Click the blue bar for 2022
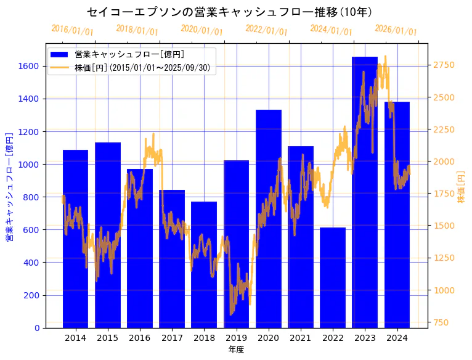click(333, 277)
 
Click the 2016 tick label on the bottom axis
click(140, 338)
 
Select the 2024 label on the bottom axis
click(397, 338)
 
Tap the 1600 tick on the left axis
click(31, 66)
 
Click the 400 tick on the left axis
click(33, 263)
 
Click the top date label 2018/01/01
click(137, 30)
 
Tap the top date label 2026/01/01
click(396, 31)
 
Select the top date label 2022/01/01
click(266, 30)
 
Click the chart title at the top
click(229, 12)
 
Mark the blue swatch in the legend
click(60, 54)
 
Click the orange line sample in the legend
click(60, 68)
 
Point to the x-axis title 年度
click(236, 350)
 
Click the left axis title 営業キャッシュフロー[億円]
click(9, 186)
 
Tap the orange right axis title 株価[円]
click(461, 186)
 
